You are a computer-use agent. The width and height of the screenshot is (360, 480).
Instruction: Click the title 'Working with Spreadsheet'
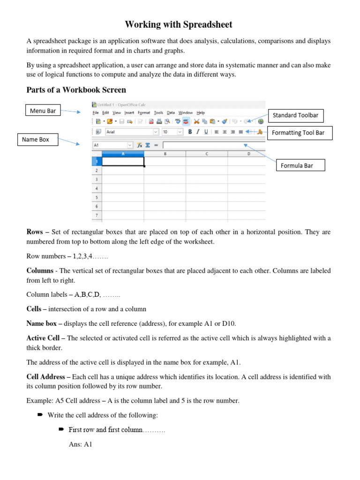(179, 24)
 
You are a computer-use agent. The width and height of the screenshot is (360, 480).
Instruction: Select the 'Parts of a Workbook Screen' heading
(76, 90)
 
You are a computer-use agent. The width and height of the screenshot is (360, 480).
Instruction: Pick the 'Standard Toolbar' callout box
(296, 115)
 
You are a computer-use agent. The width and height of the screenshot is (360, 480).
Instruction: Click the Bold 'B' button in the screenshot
(190, 132)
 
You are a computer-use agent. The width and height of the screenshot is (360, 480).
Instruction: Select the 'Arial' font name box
(131, 132)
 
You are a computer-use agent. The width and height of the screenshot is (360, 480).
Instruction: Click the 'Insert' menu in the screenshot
(129, 113)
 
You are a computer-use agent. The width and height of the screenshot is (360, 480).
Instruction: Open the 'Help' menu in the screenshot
(201, 113)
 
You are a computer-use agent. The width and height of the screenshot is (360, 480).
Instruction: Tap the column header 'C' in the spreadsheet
(207, 153)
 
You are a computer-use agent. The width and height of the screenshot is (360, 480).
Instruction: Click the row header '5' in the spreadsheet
(97, 197)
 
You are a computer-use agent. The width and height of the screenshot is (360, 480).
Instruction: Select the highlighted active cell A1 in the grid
(123, 162)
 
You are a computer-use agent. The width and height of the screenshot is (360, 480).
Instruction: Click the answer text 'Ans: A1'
(80, 444)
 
